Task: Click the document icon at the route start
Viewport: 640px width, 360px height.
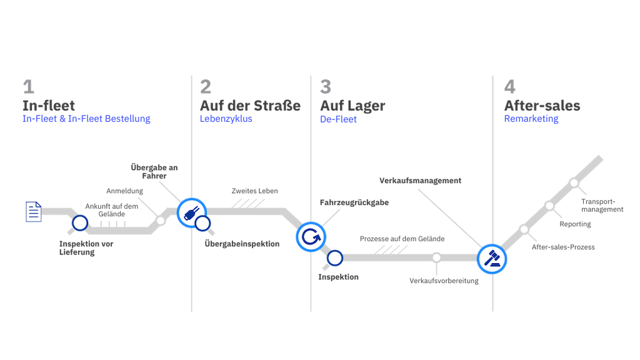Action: tap(34, 212)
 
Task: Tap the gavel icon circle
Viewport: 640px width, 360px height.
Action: tap(492, 259)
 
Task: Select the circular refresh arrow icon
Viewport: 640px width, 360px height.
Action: tap(311, 237)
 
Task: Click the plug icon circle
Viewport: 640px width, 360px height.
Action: tap(191, 212)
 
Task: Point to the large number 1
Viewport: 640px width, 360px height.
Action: tap(29, 86)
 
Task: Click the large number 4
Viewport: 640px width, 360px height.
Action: tap(510, 86)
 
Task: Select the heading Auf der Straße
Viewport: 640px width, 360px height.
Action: tap(250, 106)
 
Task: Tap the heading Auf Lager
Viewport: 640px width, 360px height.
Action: tap(352, 106)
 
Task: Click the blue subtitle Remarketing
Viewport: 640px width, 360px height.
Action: tap(531, 119)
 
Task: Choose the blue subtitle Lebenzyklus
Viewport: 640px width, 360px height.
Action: tap(226, 119)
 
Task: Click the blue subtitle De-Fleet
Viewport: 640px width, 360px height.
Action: tap(338, 119)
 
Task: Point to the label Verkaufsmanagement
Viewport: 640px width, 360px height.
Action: tap(421, 181)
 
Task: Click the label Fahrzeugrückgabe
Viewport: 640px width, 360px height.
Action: tap(354, 202)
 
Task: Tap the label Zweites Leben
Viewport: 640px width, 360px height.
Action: tap(255, 191)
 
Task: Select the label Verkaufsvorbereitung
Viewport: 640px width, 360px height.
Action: tap(444, 281)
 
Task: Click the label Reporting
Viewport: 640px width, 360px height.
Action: tap(575, 224)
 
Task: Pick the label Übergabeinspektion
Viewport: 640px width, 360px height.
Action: tap(242, 244)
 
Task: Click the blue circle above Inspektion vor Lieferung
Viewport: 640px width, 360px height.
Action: tap(80, 223)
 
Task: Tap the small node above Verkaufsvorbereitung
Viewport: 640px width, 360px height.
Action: tap(436, 257)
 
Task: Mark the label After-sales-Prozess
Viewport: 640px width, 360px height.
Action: tap(563, 247)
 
